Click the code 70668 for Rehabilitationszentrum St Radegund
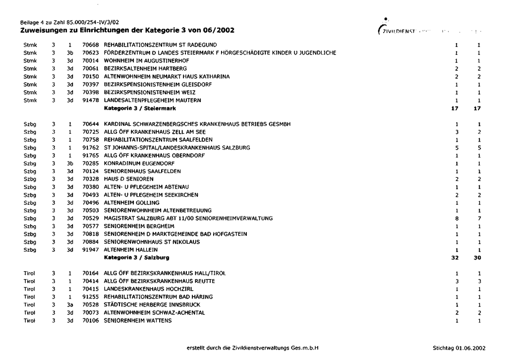(91, 45)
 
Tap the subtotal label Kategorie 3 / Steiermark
(140, 108)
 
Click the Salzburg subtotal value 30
(477, 257)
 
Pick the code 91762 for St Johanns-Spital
(91, 148)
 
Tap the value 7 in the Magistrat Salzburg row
(479, 218)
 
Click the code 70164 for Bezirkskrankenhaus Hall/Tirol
(91, 273)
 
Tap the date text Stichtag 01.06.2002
(459, 348)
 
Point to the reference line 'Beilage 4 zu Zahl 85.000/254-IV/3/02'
(69, 22)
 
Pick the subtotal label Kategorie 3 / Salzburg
(137, 257)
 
